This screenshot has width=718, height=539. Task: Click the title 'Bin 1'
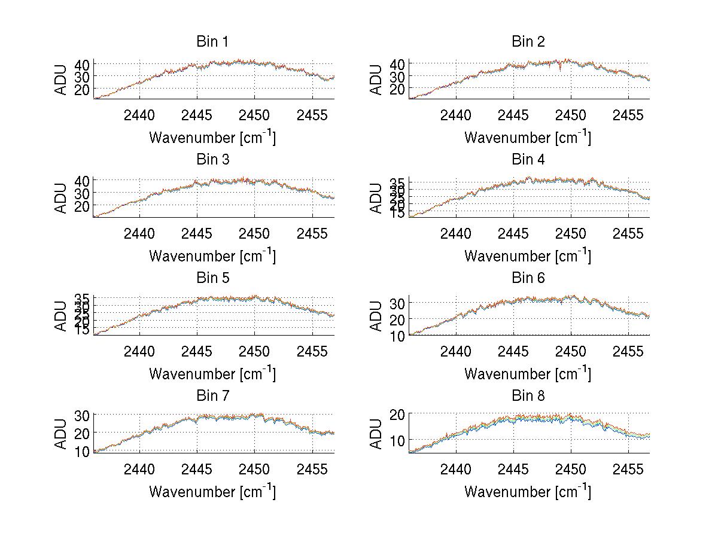point(212,42)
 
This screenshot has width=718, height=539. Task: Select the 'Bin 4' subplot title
point(528,160)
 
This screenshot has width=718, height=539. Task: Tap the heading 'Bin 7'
point(212,396)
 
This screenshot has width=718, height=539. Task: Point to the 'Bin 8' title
point(528,396)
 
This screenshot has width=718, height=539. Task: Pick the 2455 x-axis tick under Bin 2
point(628,115)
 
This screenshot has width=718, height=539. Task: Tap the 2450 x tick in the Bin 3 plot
point(255,233)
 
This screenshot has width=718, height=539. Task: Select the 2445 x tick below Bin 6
point(513,351)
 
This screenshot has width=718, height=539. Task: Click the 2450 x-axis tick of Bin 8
point(570,469)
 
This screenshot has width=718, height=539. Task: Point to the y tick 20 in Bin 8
point(398,414)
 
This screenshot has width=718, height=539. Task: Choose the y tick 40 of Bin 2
point(398,64)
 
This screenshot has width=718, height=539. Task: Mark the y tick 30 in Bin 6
point(398,303)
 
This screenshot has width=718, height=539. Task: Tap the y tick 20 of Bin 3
point(83,205)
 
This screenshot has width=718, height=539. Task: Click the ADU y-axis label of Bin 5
point(61,315)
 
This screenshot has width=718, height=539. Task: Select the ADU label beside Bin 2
point(376,80)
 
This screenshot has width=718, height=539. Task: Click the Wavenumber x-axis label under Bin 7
point(212,492)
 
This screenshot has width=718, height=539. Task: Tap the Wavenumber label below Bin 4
point(528,256)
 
